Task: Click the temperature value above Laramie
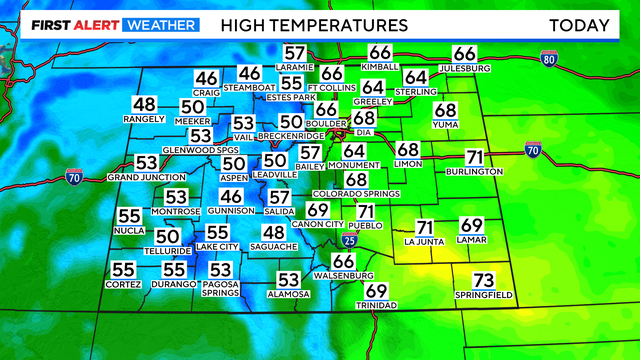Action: click(x=294, y=54)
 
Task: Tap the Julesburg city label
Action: click(x=465, y=68)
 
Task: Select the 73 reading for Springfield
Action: click(x=484, y=280)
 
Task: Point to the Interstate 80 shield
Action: click(x=548, y=60)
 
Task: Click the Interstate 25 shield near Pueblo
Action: click(x=346, y=240)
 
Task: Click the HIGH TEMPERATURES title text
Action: click(x=314, y=24)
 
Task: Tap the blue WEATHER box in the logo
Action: click(x=159, y=24)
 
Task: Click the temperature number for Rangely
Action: click(x=145, y=104)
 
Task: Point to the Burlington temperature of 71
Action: click(x=475, y=157)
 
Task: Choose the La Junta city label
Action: click(x=424, y=241)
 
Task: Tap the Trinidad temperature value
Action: click(x=376, y=291)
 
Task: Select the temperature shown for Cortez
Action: click(x=123, y=270)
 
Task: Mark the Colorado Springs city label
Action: click(x=356, y=193)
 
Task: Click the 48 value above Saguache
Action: click(x=274, y=233)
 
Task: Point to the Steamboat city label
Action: click(x=249, y=87)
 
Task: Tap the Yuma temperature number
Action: click(x=445, y=110)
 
